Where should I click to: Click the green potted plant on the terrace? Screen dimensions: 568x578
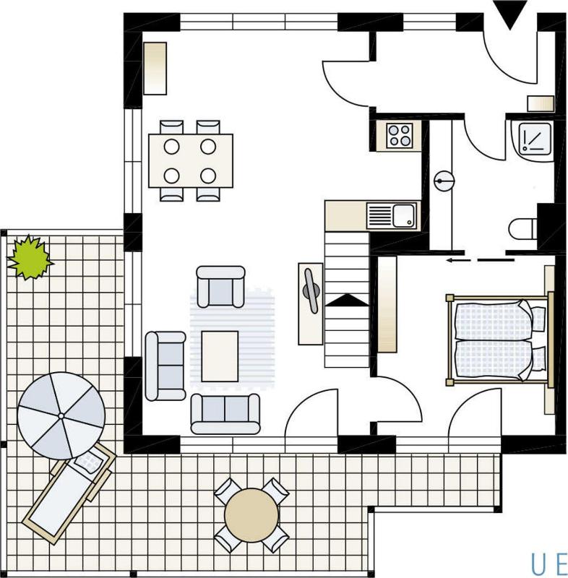(x=30, y=258)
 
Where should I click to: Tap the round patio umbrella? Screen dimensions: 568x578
(x=61, y=416)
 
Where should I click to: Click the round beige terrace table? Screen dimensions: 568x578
(x=251, y=515)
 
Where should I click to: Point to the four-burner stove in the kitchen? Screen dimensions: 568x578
(x=400, y=136)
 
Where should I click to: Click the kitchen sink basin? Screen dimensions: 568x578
(x=404, y=215)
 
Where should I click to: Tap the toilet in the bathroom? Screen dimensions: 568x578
(x=523, y=229)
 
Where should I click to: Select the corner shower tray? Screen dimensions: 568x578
(x=533, y=139)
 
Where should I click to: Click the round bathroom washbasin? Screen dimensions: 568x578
(x=444, y=181)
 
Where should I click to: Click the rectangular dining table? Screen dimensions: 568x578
(x=191, y=160)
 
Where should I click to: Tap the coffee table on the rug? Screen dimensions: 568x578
(x=220, y=356)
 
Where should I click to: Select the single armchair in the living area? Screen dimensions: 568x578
(x=220, y=287)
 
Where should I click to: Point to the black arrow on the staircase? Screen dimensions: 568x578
(x=347, y=301)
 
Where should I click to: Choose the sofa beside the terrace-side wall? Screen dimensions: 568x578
(x=165, y=366)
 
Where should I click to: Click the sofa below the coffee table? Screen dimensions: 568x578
(x=225, y=413)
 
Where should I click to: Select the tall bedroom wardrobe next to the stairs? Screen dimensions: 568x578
(x=387, y=304)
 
